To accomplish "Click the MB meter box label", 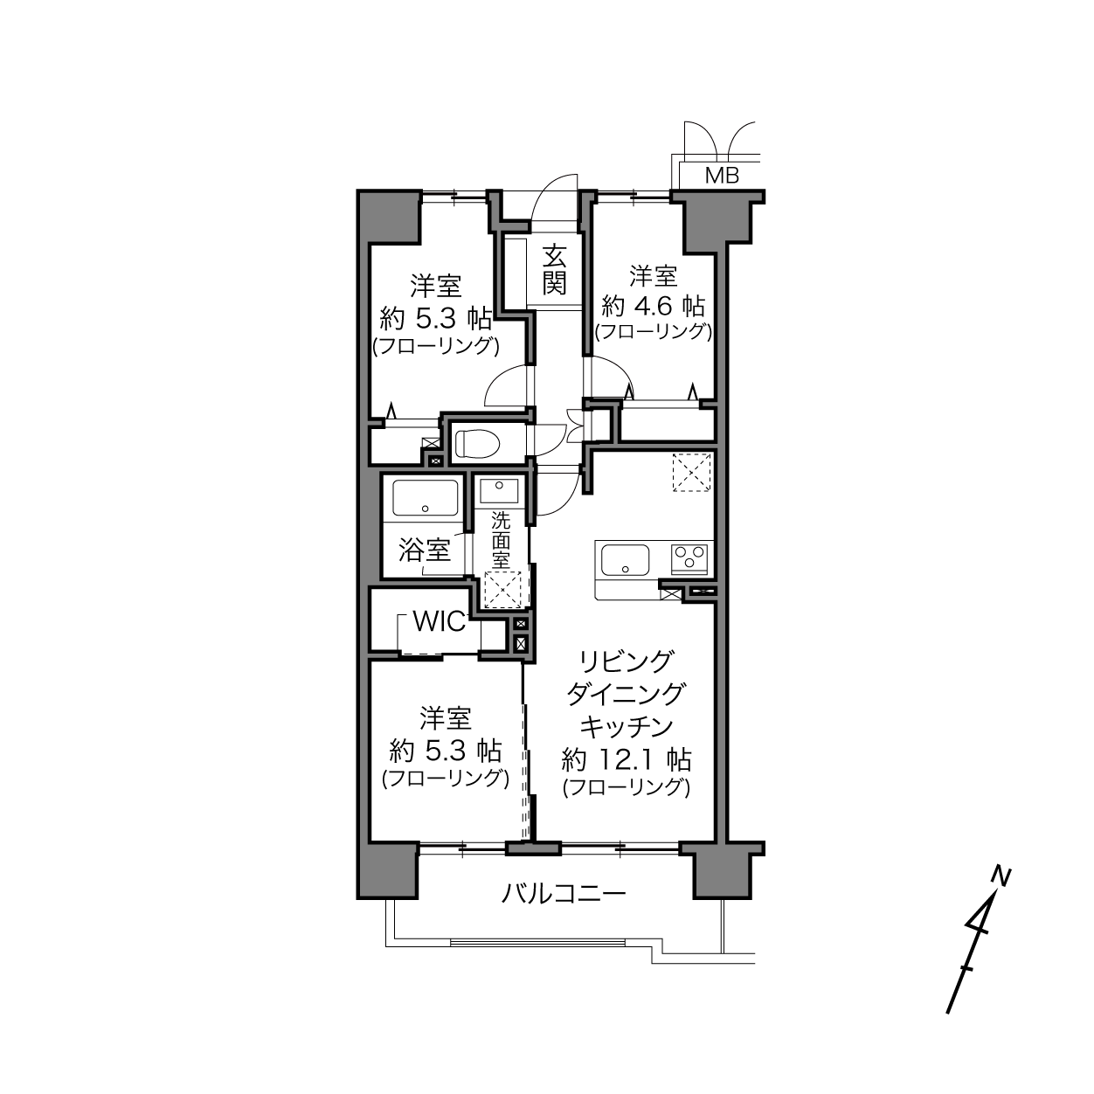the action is pyautogui.click(x=722, y=176).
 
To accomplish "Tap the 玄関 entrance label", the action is pyautogui.click(x=554, y=270).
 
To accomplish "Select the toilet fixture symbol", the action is pyautogui.click(x=477, y=443).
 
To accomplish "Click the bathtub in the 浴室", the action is pyautogui.click(x=426, y=497).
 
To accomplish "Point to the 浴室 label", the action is pyautogui.click(x=424, y=550).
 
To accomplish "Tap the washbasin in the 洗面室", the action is pyautogui.click(x=499, y=490).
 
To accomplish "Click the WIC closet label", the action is pyautogui.click(x=440, y=622).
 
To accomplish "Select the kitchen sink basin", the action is pyautogui.click(x=625, y=560).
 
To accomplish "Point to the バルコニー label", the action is pyautogui.click(x=564, y=894).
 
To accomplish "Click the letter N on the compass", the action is pyautogui.click(x=1001, y=876).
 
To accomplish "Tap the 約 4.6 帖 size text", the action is pyautogui.click(x=653, y=307).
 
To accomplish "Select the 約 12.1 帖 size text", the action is pyautogui.click(x=626, y=759).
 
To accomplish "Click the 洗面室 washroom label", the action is pyautogui.click(x=500, y=540).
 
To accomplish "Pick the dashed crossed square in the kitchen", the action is pyautogui.click(x=691, y=472).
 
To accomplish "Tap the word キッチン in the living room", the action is pyautogui.click(x=627, y=727).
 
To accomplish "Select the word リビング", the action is pyautogui.click(x=627, y=662).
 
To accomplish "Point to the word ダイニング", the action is pyautogui.click(x=626, y=695).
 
